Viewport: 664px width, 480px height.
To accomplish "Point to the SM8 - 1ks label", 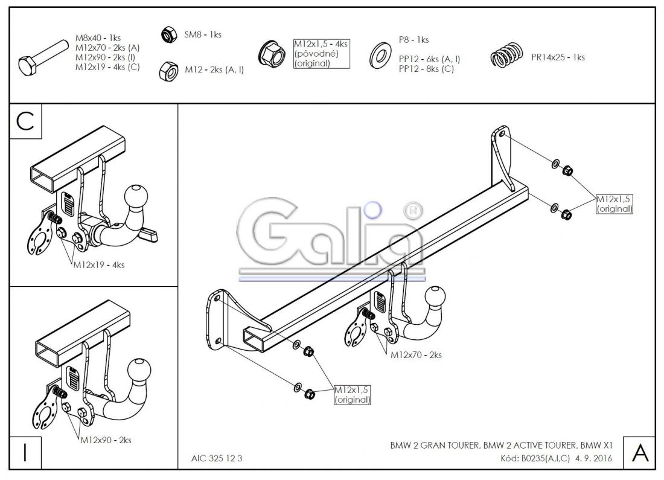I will (x=202, y=35).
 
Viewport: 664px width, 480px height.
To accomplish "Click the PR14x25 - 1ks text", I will (x=558, y=57).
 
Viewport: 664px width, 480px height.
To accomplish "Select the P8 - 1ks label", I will (x=413, y=40).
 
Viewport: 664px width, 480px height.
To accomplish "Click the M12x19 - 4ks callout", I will (x=99, y=264).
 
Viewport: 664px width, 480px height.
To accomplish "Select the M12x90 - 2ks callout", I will (x=106, y=440).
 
